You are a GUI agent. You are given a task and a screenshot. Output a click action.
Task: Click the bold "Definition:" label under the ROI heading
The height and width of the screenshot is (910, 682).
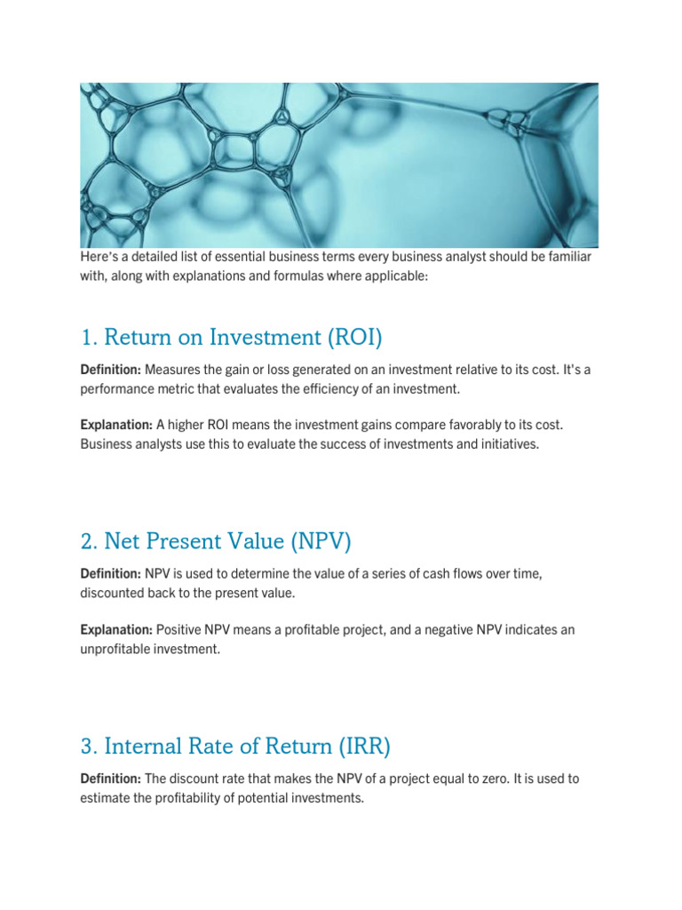tap(110, 369)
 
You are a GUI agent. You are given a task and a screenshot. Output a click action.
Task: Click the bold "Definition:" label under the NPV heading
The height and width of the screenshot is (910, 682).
tap(110, 574)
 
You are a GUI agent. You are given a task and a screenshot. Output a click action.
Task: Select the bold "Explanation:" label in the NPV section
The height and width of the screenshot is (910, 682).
tap(115, 629)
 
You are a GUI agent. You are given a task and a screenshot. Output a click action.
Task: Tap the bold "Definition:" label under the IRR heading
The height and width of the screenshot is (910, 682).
tap(110, 778)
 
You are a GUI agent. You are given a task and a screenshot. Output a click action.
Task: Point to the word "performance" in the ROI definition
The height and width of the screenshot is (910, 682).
tap(115, 388)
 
